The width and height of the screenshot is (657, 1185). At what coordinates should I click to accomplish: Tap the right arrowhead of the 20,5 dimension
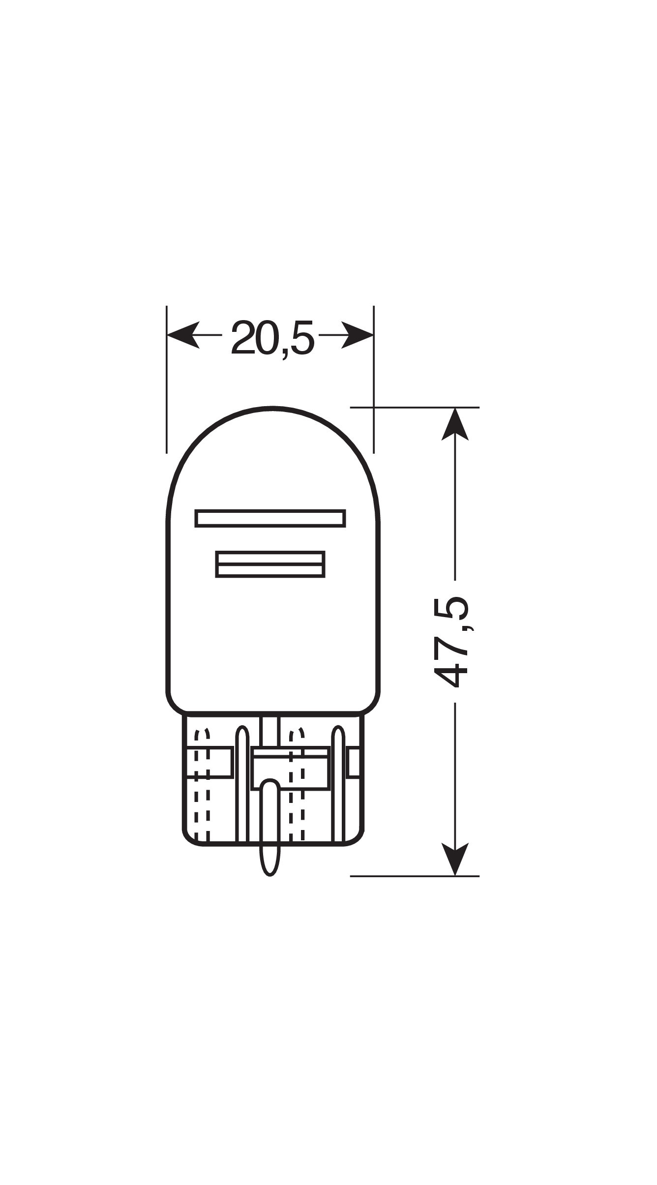(x=358, y=335)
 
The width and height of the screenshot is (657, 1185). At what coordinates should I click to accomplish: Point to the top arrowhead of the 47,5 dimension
(x=455, y=424)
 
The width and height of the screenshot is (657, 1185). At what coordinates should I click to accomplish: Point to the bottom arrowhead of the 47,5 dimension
(x=455, y=859)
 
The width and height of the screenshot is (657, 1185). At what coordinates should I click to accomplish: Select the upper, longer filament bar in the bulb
(x=270, y=518)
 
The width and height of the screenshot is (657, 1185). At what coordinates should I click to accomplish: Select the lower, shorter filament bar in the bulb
(x=270, y=564)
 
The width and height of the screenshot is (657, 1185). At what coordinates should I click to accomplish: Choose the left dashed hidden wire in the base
(x=202, y=787)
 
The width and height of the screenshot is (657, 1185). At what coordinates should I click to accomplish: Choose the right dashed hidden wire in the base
(x=297, y=787)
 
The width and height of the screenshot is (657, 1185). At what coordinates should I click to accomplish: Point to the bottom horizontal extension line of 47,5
(x=414, y=876)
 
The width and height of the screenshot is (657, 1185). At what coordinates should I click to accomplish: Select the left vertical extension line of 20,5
(x=167, y=379)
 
